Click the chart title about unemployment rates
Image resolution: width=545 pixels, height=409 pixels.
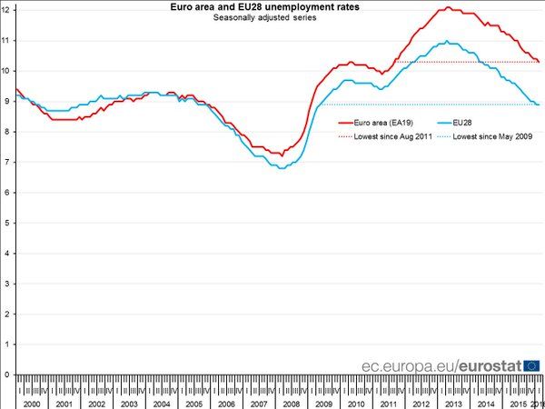coord(264,7)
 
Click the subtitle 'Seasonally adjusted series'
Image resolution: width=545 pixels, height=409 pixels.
coord(264,18)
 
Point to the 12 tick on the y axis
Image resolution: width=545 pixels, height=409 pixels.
coord(6,10)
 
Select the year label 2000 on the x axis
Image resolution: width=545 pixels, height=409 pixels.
coord(30,403)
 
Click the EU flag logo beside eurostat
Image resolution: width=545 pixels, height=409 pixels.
coord(532,364)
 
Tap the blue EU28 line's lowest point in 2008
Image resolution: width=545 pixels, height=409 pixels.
coord(282,168)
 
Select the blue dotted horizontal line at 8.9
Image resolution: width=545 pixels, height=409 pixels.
coord(409,105)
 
